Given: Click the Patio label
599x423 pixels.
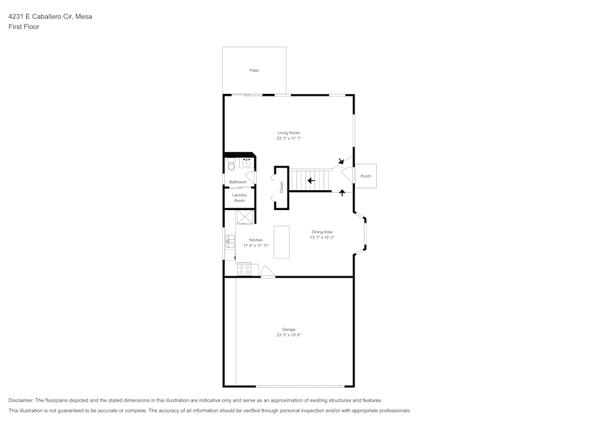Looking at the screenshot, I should [255, 71].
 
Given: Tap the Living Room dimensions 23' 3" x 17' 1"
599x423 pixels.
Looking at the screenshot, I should [289, 138].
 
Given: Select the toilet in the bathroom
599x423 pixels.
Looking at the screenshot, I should [231, 164].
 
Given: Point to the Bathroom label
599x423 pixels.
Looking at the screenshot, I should [238, 182].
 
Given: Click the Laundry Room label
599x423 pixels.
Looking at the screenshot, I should [240, 197].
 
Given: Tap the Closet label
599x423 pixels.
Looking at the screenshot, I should [282, 187].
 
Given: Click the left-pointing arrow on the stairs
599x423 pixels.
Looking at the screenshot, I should [311, 180].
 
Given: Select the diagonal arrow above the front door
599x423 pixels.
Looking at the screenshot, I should [341, 160].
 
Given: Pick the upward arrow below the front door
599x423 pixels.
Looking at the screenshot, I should [342, 193].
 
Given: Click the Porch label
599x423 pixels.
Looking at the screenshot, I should [365, 176].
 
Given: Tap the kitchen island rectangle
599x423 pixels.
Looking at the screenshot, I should [282, 242].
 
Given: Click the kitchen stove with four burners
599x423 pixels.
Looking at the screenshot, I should [244, 269].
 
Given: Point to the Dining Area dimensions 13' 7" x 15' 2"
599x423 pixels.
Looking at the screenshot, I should [322, 238].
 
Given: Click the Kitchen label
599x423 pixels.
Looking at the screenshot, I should [256, 240].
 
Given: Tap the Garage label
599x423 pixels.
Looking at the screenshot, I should [289, 329].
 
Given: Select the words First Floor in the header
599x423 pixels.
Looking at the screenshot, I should [24, 27].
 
